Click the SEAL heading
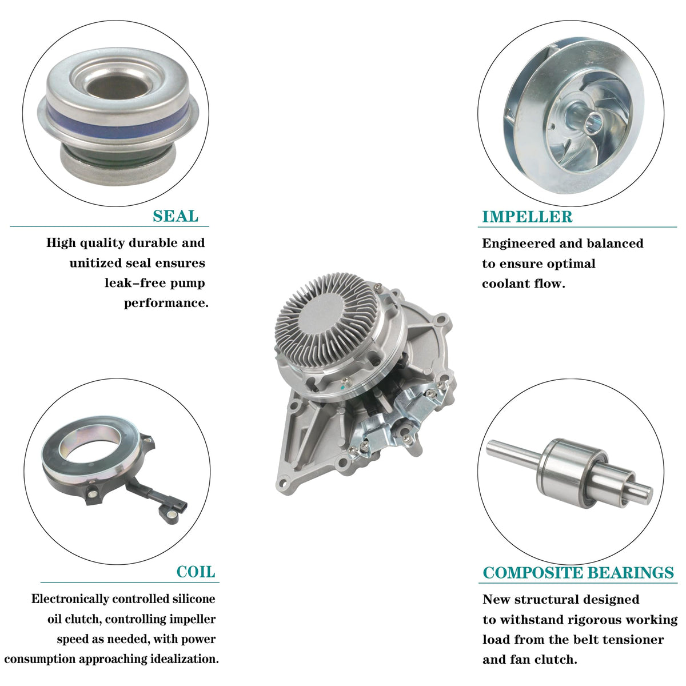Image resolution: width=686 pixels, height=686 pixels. pyautogui.click(x=176, y=216)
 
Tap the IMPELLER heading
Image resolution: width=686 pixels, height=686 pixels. pyautogui.click(x=527, y=217)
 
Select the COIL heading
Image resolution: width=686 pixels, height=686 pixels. pyautogui.click(x=196, y=572)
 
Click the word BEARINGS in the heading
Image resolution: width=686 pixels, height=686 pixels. pyautogui.click(x=631, y=573)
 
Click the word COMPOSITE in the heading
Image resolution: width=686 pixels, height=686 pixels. pyautogui.click(x=533, y=573)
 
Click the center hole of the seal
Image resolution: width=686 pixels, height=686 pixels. pyautogui.click(x=118, y=86)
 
